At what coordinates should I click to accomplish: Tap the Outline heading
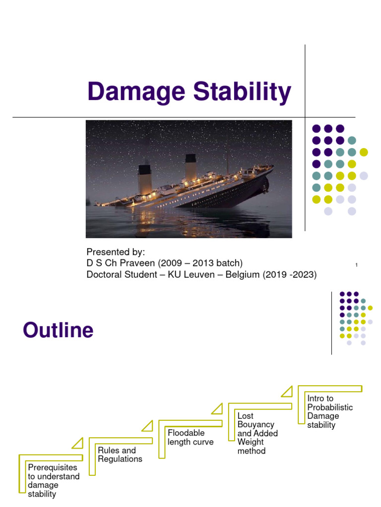click(58, 330)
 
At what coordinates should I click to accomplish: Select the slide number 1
click(357, 265)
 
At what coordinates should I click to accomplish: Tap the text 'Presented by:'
click(115, 252)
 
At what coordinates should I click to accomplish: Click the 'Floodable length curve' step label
click(190, 437)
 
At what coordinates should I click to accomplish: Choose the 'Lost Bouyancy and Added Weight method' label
click(257, 433)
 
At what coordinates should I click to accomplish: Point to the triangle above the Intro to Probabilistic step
click(287, 392)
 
